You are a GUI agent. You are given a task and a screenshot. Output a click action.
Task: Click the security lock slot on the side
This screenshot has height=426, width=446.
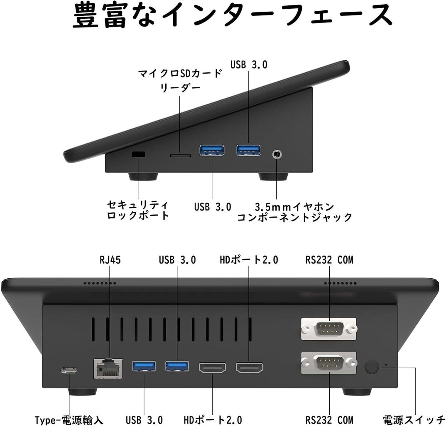[x=138, y=154]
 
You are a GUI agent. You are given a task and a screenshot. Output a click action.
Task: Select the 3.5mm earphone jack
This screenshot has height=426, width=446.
[x=277, y=155]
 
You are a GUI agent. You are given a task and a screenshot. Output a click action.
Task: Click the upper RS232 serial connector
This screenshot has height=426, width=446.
[x=328, y=329]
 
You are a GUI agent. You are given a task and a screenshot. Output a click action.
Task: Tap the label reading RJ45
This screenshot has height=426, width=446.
[x=110, y=260]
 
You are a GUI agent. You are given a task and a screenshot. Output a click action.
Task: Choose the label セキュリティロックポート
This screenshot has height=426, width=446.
[x=138, y=210]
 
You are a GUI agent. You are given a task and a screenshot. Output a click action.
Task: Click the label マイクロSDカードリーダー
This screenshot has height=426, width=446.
[x=180, y=81]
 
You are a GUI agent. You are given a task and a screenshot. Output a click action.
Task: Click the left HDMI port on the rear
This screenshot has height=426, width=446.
[x=213, y=368]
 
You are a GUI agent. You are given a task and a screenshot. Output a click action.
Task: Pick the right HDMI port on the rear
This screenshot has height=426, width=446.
[x=249, y=368]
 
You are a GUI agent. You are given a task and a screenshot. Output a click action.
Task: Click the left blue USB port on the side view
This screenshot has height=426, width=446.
[x=212, y=150]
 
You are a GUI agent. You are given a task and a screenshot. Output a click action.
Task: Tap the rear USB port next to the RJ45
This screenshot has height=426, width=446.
[x=144, y=366]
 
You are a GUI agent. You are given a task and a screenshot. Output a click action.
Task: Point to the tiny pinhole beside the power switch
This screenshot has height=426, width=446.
[x=387, y=364]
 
